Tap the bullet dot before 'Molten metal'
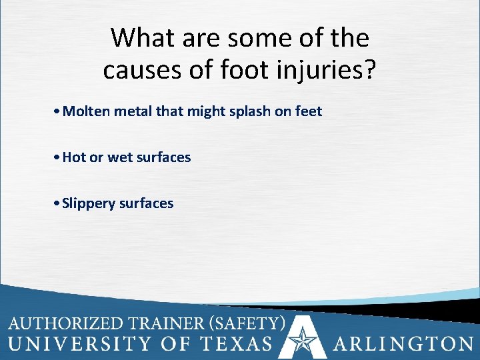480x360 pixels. (59, 111)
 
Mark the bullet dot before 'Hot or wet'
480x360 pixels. (59, 157)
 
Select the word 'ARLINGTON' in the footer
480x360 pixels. (403, 344)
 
